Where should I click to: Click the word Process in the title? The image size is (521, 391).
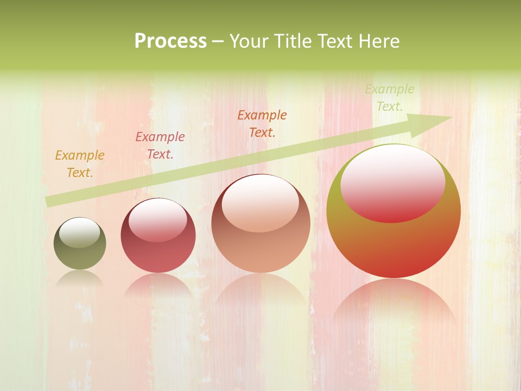pyautogui.click(x=170, y=41)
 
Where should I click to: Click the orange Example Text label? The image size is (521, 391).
pyautogui.click(x=80, y=164)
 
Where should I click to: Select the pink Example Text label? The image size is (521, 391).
pyautogui.click(x=160, y=146)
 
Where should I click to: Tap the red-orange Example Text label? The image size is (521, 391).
pyautogui.click(x=262, y=124)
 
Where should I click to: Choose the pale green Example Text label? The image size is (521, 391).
pyautogui.click(x=390, y=98)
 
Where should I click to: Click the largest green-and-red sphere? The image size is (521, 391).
pyautogui.click(x=393, y=244)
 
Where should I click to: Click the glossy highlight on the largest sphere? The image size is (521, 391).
pyautogui.click(x=392, y=182)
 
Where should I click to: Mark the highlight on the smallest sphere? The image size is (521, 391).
pyautogui.click(x=79, y=233)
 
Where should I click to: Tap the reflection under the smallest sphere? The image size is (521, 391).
pyautogui.click(x=80, y=279)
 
